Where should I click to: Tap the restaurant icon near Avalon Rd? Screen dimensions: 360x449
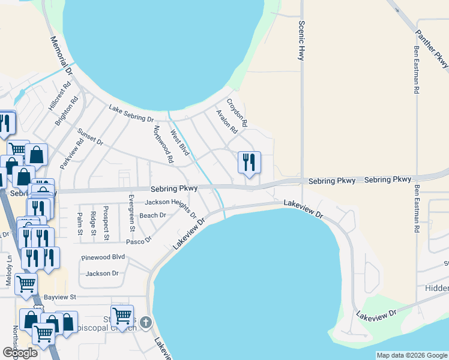[249, 163]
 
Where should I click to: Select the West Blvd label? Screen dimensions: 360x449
[179, 143]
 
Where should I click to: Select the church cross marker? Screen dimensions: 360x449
[145, 323]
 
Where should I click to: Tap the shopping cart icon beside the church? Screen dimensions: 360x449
[122, 316]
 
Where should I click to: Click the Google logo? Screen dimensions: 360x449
[20, 352]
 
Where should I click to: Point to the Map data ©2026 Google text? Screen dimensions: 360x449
[411, 355]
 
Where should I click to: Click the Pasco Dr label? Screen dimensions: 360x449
[139, 240]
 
